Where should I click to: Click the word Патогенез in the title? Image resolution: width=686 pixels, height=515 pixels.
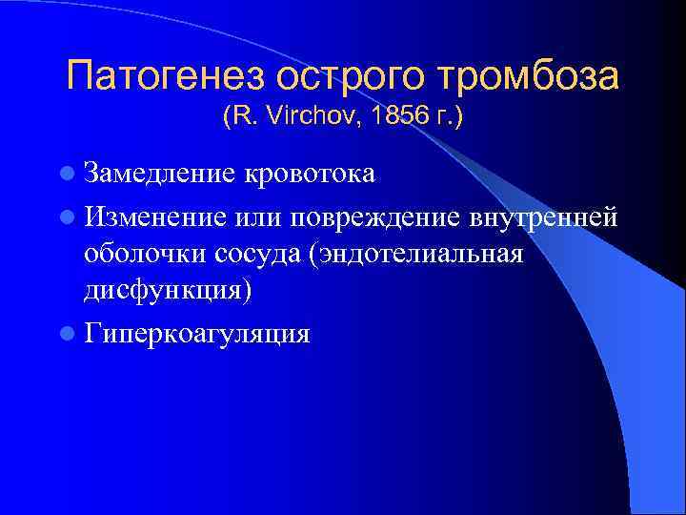[162, 75]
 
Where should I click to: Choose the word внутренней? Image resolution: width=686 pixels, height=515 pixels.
[546, 216]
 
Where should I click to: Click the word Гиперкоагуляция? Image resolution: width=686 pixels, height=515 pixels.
[195, 333]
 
